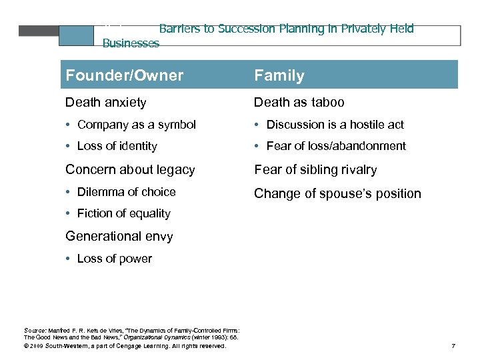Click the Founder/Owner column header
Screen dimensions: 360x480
(124, 75)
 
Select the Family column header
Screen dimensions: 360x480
(279, 75)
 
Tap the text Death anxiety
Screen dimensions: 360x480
(105, 102)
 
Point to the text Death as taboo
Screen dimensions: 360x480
(299, 102)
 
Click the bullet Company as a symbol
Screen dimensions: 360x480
(136, 125)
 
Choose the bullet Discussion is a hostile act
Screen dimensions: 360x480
(335, 125)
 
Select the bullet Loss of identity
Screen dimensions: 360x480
(117, 146)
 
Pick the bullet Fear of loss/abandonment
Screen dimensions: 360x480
(335, 146)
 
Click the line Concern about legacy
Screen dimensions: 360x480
(130, 170)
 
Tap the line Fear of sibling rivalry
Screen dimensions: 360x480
(315, 170)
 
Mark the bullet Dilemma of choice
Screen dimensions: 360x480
(126, 192)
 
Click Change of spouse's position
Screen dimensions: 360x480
(337, 194)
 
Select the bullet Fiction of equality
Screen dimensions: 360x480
(123, 214)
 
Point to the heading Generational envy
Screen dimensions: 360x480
(119, 236)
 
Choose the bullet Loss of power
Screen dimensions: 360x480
(114, 259)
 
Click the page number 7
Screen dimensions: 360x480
(453, 346)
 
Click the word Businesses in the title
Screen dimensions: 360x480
(131, 43)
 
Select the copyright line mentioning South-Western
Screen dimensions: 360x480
(125, 346)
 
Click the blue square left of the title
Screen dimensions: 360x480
(76, 35)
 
